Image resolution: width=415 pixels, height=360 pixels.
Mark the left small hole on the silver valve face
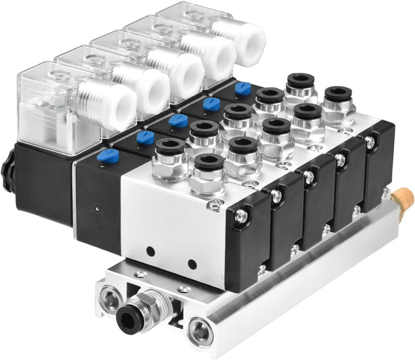pyautogui.click(x=151, y=252)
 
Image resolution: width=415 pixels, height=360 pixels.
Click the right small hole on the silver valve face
pyautogui.click(x=192, y=265)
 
